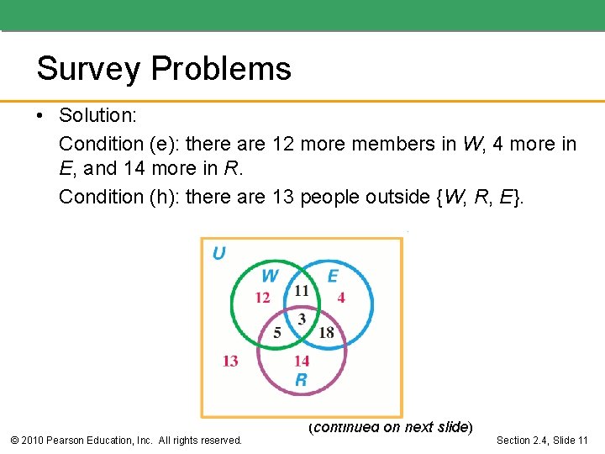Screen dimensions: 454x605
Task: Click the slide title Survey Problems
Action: coord(164,69)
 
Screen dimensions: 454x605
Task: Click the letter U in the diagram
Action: coord(218,253)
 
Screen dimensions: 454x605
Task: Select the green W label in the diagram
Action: coord(270,276)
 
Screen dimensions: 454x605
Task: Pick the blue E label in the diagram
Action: coord(332,276)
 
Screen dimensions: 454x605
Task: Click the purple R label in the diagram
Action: coord(301,380)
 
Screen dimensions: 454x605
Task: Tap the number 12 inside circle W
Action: coord(262,298)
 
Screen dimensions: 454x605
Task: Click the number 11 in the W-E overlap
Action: coord(301,291)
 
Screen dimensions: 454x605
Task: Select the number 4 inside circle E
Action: coord(341,298)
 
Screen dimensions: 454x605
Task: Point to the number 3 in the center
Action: coord(302,318)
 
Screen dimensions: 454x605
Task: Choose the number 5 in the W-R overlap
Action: coord(277,333)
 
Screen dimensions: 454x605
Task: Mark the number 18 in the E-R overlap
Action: coord(326,333)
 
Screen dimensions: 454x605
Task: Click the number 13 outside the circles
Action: coord(230,361)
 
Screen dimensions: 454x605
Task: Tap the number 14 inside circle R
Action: coord(301,361)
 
